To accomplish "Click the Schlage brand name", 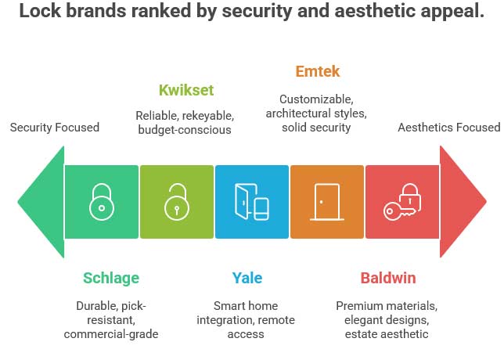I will tap(111, 278).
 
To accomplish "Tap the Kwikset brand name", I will tap(186, 90).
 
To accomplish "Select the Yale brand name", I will tap(247, 278).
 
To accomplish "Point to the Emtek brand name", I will tap(318, 72).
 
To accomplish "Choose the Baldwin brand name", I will tap(387, 278).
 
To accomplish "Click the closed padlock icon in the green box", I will tap(101, 202).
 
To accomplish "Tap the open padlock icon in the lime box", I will tap(177, 202).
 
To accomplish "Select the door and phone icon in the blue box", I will tap(252, 202).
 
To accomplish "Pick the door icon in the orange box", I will tap(327, 202).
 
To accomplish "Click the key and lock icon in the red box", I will tap(402, 202).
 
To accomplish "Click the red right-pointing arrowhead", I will tap(463, 202).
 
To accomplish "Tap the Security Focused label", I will tap(55, 127).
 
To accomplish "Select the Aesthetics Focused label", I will tap(448, 128).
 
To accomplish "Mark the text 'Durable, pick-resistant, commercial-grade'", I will tap(111, 320).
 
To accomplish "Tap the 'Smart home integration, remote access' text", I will tap(247, 320).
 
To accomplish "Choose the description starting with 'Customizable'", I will tap(317, 113).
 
